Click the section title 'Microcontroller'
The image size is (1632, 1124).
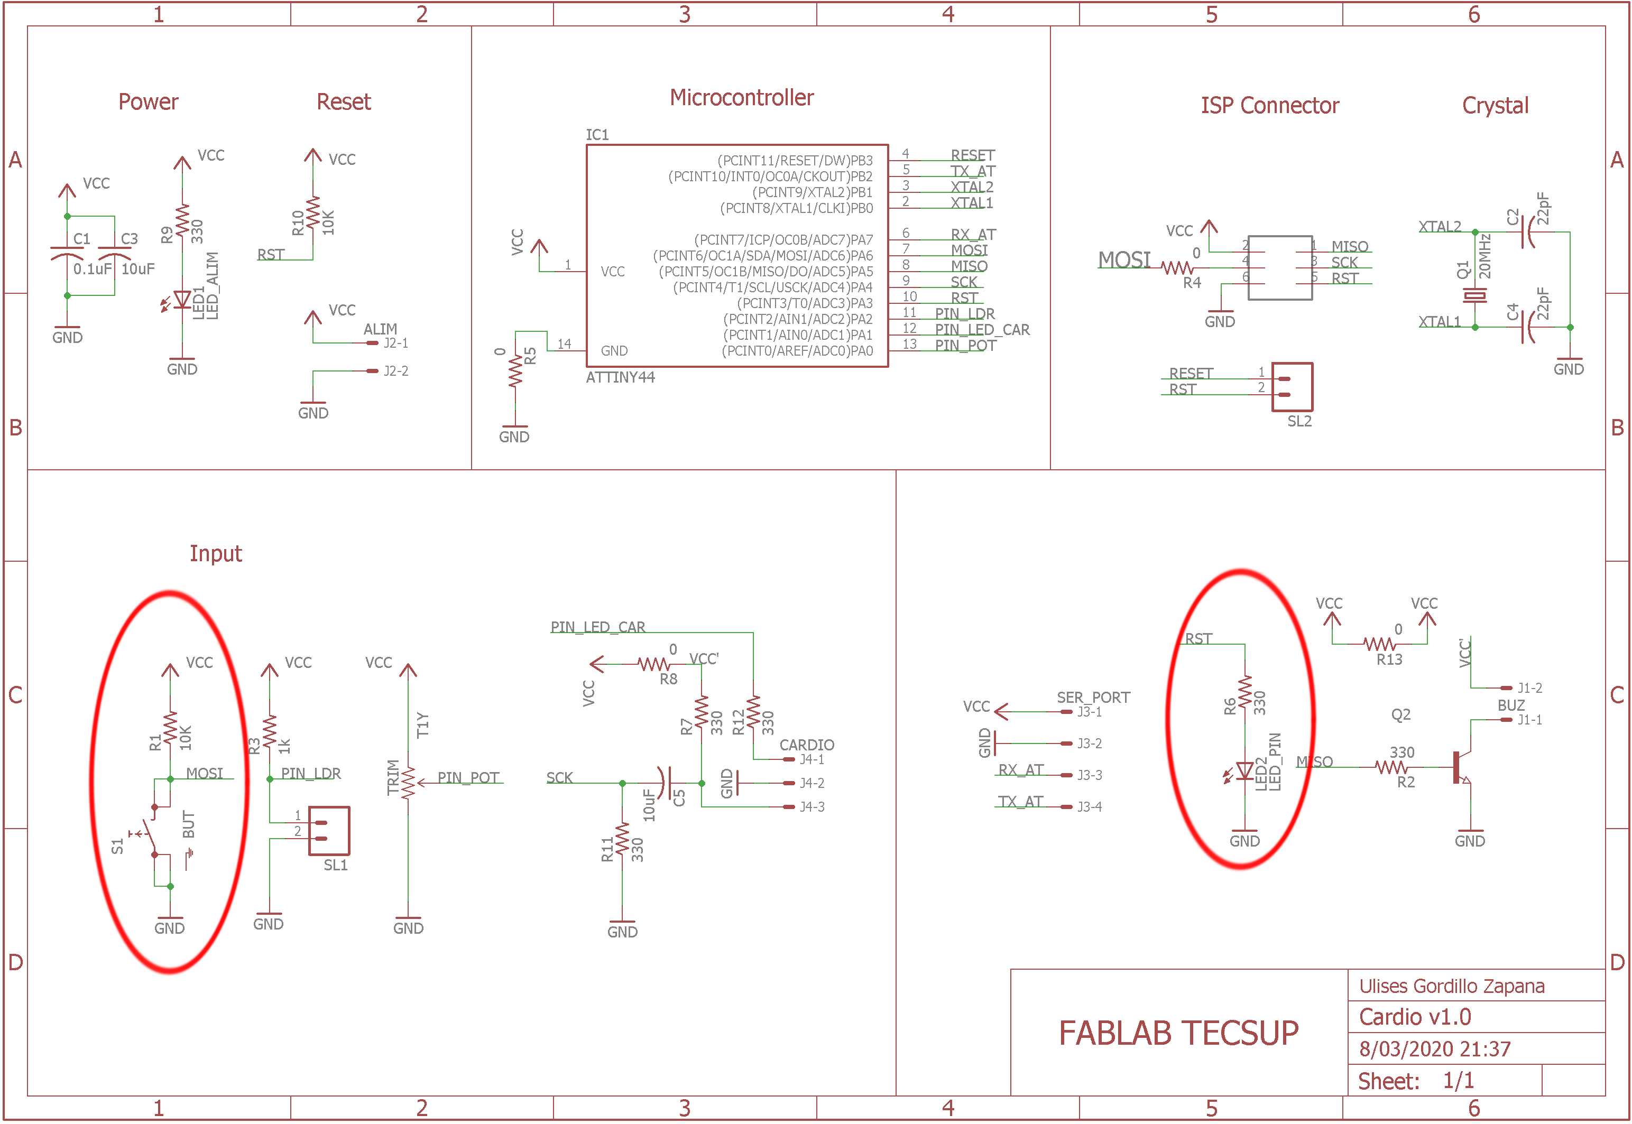tap(741, 98)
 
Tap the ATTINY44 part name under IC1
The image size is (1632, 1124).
tap(620, 377)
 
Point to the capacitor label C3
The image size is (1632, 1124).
tap(129, 239)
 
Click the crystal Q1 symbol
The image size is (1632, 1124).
tap(1474, 296)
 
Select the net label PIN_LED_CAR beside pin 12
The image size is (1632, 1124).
tap(982, 330)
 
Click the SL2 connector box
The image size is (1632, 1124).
tap(1291, 387)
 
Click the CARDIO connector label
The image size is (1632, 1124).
tap(807, 745)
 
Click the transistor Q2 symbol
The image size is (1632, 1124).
tap(1462, 766)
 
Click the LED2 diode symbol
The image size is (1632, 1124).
tap(1244, 771)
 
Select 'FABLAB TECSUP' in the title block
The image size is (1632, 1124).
tap(1178, 1033)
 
